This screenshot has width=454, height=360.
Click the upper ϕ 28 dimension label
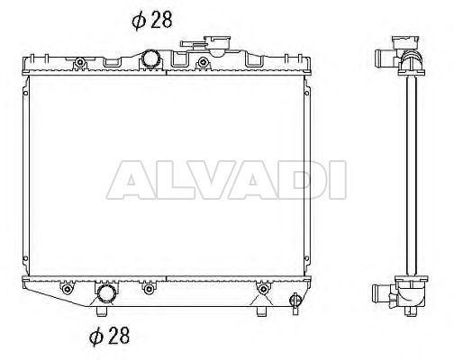[x=152, y=21]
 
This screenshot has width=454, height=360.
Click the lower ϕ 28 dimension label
[x=110, y=336]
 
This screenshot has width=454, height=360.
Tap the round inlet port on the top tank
[x=150, y=58]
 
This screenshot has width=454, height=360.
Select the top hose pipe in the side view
[x=386, y=58]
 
